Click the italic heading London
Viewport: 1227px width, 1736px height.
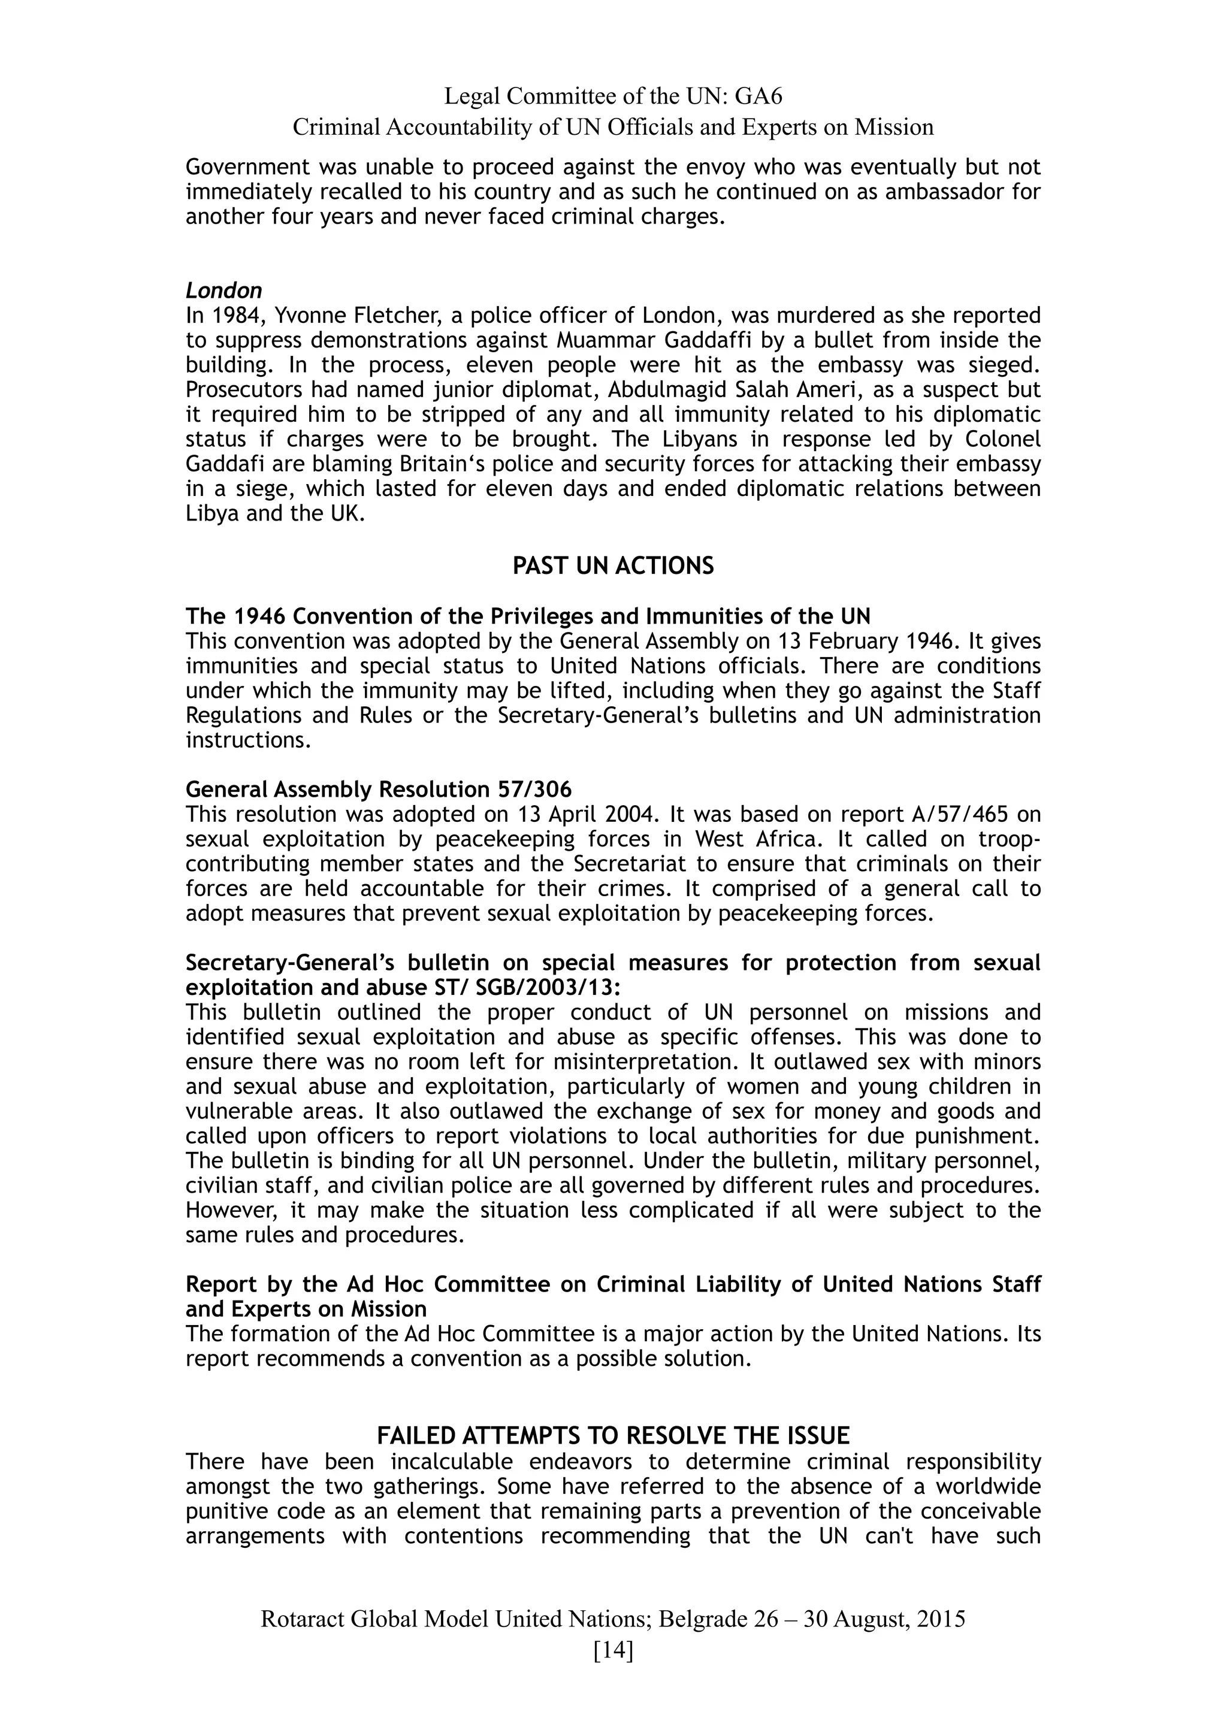(224, 291)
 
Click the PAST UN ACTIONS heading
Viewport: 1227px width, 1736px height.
(613, 565)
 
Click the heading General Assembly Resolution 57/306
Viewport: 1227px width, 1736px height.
(379, 790)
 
